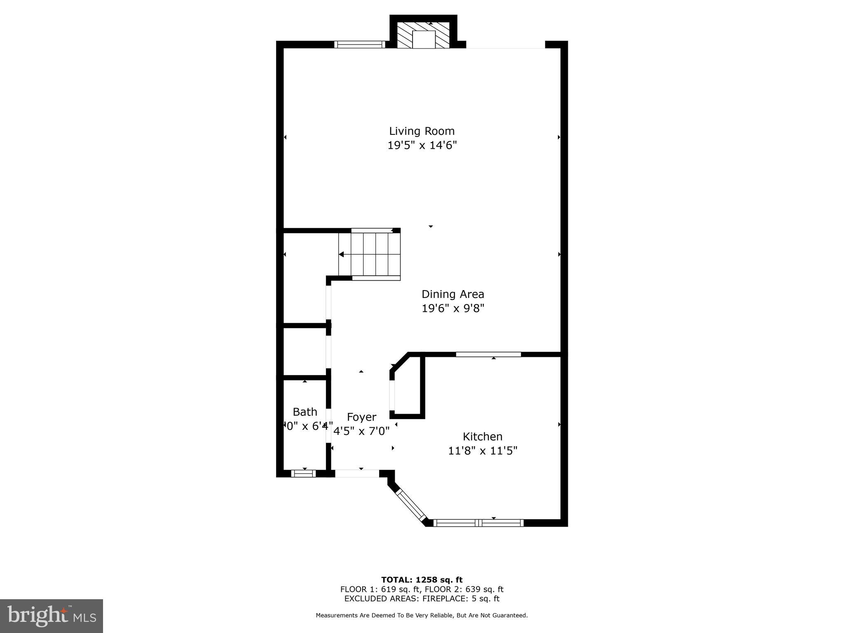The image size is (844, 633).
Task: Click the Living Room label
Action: tap(422, 131)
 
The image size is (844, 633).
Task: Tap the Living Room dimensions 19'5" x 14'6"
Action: tap(422, 145)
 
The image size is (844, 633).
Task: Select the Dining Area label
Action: tap(452, 294)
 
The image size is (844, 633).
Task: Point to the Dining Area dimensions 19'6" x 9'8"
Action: tap(452, 308)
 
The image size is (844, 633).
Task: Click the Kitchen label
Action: tap(482, 436)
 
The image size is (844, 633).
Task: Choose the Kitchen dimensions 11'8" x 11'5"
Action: tap(482, 451)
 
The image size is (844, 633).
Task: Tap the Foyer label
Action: tap(361, 417)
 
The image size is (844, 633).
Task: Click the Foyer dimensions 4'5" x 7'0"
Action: tap(361, 431)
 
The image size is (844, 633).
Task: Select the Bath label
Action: tap(305, 412)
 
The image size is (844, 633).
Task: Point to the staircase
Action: tap(370, 255)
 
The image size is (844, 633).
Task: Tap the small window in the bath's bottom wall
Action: tap(303, 474)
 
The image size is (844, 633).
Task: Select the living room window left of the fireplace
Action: tap(359, 44)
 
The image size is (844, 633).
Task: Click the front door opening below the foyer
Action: tap(357, 474)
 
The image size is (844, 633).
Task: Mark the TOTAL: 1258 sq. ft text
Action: tap(422, 580)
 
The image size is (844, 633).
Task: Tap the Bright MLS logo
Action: tap(52, 616)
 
